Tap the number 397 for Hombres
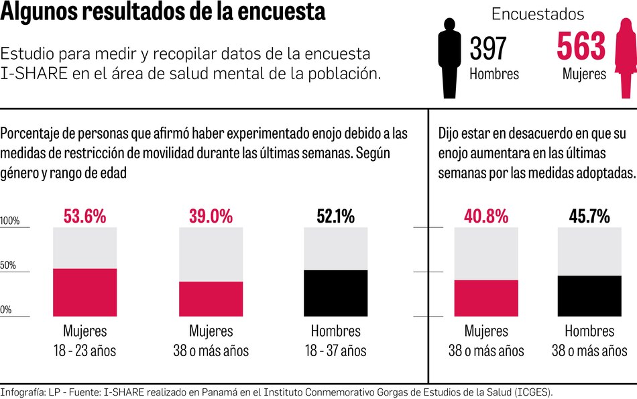click(x=488, y=49)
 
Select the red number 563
click(x=581, y=48)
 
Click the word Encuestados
click(x=538, y=14)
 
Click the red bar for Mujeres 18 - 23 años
click(x=85, y=292)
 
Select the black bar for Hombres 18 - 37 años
click(x=335, y=293)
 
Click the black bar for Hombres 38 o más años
click(x=589, y=296)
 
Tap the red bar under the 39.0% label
click(x=211, y=299)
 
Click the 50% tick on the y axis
click(x=8, y=266)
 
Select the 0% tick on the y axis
click(x=6, y=310)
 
